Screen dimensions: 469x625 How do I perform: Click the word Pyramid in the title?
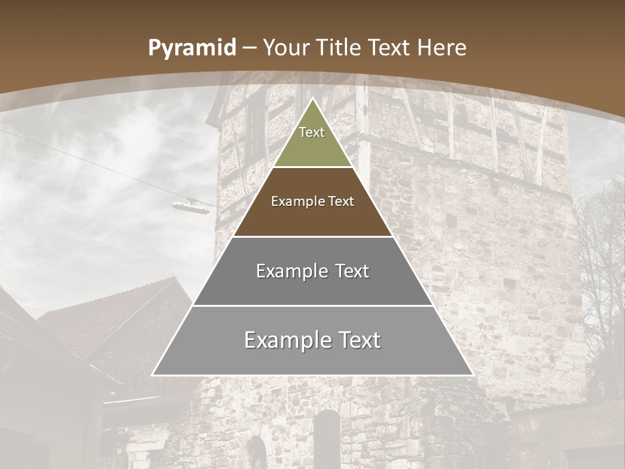[192, 48]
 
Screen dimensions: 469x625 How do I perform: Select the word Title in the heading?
[339, 48]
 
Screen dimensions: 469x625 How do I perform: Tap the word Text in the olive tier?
[312, 132]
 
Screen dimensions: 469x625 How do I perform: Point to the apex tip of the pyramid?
[312, 99]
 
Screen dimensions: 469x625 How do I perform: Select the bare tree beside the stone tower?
[602, 274]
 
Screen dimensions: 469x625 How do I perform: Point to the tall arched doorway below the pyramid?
[327, 436]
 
